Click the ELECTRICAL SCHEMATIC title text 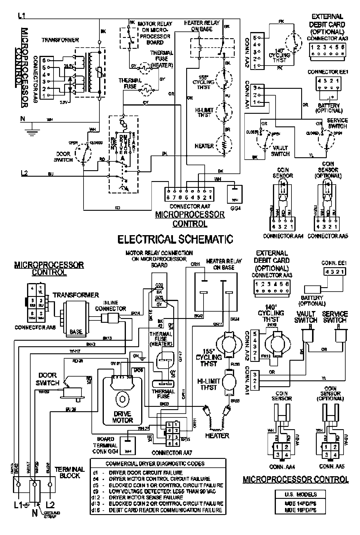tap(175, 239)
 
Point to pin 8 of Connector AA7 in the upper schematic tap(168, 197)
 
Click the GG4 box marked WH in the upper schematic tap(234, 195)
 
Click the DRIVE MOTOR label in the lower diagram tap(122, 417)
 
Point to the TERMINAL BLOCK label tap(69, 472)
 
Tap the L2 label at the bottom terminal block tap(50, 513)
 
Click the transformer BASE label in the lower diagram tap(76, 332)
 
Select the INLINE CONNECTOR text tap(114, 306)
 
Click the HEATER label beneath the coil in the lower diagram tap(217, 435)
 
